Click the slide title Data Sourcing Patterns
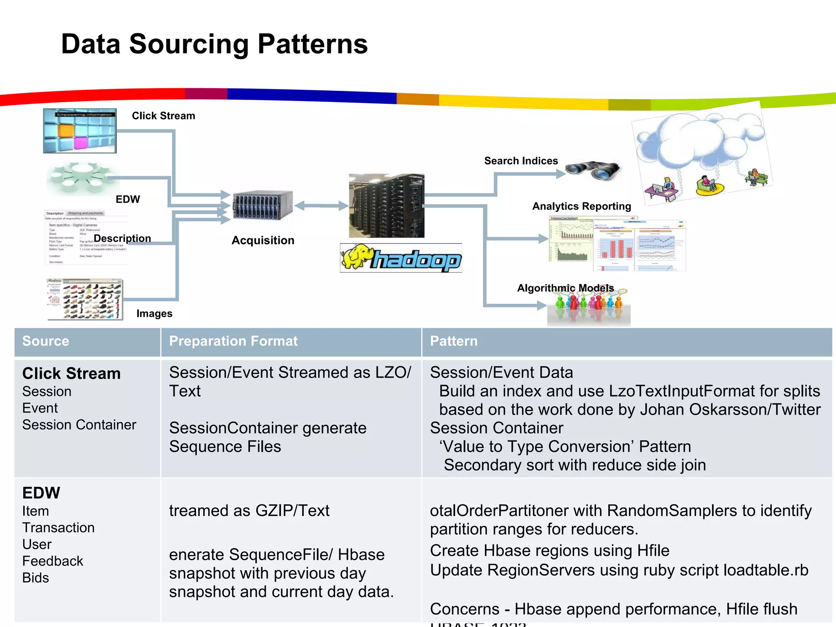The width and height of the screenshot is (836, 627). pyautogui.click(x=214, y=44)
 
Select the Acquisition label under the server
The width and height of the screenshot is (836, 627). pyautogui.click(x=263, y=240)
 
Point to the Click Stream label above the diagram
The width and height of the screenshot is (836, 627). pyautogui.click(x=163, y=116)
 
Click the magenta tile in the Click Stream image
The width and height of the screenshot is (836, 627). pyautogui.click(x=80, y=143)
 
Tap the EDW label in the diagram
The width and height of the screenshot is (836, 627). pyautogui.click(x=128, y=199)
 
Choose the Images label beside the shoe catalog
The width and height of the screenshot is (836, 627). pyautogui.click(x=154, y=313)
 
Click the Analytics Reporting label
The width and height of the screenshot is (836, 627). pyautogui.click(x=581, y=206)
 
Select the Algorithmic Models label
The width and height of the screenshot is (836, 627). pyautogui.click(x=565, y=288)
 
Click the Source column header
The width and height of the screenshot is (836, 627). pyautogui.click(x=46, y=341)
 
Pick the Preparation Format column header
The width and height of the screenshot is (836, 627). pyautogui.click(x=233, y=341)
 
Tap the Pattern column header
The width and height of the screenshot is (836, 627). pyautogui.click(x=454, y=341)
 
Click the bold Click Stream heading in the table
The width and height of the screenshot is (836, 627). pyautogui.click(x=71, y=374)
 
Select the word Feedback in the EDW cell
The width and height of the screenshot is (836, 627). pyautogui.click(x=53, y=561)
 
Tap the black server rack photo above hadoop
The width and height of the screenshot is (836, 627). pyautogui.click(x=387, y=206)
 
